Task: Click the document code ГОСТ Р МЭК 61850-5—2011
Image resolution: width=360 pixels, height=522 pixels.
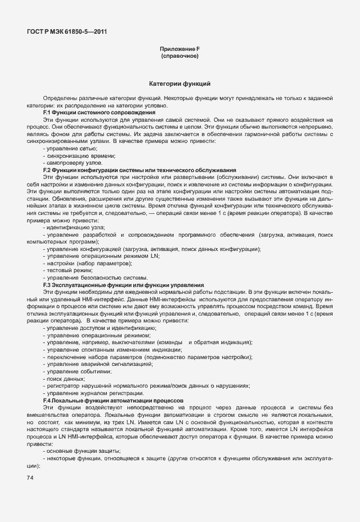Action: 67,31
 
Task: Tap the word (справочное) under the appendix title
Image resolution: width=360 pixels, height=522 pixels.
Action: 179,57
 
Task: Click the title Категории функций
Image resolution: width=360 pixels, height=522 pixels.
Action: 180,84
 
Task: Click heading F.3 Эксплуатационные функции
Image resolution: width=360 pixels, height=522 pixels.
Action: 123,285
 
